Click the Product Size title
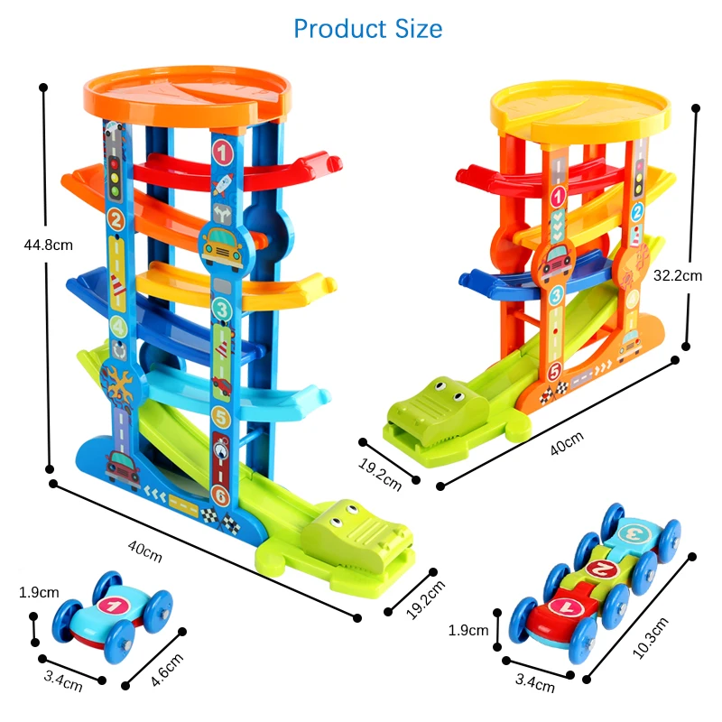coord(368,29)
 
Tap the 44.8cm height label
coord(49,245)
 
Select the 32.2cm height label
coord(678,275)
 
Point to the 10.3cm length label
coord(650,638)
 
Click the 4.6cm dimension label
coord(167,670)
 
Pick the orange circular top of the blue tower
coord(187,97)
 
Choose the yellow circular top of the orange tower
coord(580,112)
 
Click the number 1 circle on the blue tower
coord(223,153)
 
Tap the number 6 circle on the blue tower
coord(220,496)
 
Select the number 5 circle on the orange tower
coord(555,372)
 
